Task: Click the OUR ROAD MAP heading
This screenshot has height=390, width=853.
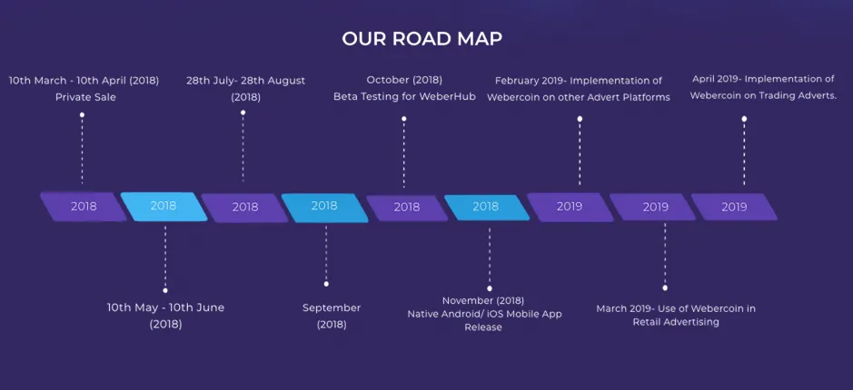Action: pyautogui.click(x=422, y=39)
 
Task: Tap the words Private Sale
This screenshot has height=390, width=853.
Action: pyautogui.click(x=85, y=98)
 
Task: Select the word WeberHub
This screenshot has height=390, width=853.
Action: pyautogui.click(x=451, y=97)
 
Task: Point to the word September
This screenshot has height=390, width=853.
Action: pyautogui.click(x=332, y=308)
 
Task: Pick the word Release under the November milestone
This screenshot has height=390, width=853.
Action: pyautogui.click(x=483, y=327)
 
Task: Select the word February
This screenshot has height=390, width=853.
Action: pyautogui.click(x=516, y=81)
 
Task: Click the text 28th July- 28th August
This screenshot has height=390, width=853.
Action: pyautogui.click(x=246, y=81)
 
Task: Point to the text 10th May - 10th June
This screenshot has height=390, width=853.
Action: pyautogui.click(x=165, y=307)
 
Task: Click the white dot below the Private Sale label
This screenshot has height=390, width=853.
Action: pyautogui.click(x=82, y=114)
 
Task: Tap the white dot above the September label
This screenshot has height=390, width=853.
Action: pyautogui.click(x=326, y=284)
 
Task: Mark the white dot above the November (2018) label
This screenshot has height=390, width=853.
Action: pyautogui.click(x=489, y=288)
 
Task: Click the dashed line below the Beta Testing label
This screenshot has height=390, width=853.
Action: pyautogui.click(x=403, y=154)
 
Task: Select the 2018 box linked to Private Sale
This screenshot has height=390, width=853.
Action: pyautogui.click(x=84, y=207)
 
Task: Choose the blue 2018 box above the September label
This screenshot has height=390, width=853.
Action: pyautogui.click(x=325, y=208)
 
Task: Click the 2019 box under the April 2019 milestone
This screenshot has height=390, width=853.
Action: pyautogui.click(x=734, y=207)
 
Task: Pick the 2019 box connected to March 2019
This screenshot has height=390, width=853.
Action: pyautogui.click(x=653, y=207)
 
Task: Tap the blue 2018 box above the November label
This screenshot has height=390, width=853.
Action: pyautogui.click(x=486, y=208)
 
